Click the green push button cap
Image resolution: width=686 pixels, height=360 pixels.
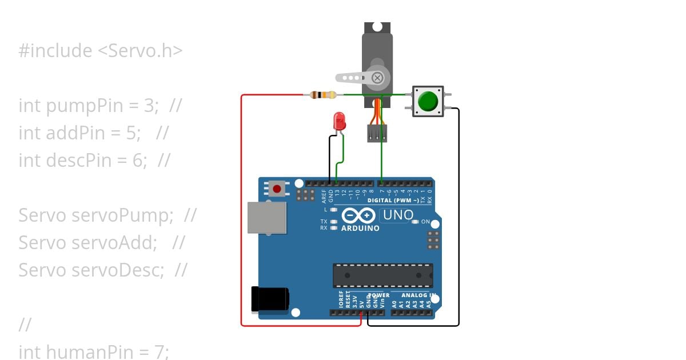(x=428, y=102)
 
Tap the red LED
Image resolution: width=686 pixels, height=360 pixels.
(x=340, y=121)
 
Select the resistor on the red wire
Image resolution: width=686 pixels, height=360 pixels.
(x=322, y=95)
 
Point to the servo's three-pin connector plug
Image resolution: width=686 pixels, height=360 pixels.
(x=377, y=133)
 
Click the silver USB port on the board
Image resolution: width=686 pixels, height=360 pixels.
(x=267, y=218)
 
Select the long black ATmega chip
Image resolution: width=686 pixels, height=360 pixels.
(x=382, y=275)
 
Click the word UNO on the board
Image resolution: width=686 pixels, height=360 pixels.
(x=398, y=215)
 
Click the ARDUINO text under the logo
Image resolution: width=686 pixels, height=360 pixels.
(x=360, y=228)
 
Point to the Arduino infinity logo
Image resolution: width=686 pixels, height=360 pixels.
(x=358, y=215)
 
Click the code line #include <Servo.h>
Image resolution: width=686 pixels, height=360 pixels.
(x=101, y=51)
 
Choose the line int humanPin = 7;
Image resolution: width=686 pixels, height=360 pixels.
(x=94, y=351)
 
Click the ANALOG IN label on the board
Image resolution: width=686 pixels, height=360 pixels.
(x=419, y=295)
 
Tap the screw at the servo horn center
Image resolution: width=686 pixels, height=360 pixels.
(x=377, y=78)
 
